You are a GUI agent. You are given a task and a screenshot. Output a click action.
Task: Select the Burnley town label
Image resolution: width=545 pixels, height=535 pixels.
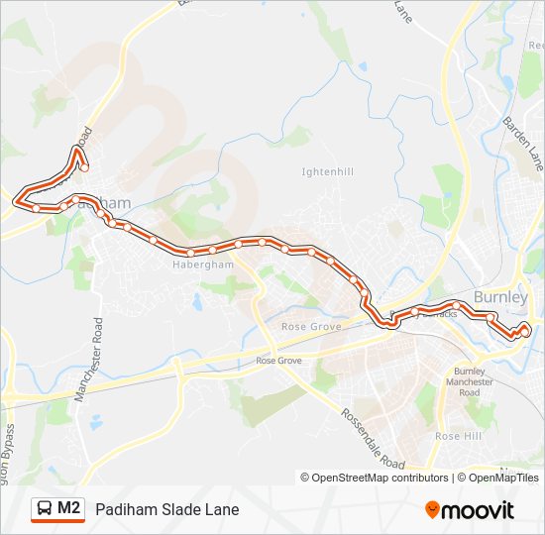click(x=501, y=296)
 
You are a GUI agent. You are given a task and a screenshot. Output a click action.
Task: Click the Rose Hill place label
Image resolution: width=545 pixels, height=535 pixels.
click(x=458, y=436)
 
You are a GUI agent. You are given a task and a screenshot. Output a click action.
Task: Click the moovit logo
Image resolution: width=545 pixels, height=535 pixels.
click(x=470, y=510)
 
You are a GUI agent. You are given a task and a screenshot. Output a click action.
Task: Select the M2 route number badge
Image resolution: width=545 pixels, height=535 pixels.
click(x=69, y=508)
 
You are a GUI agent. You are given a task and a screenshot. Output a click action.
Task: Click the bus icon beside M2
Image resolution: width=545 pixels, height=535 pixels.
click(x=45, y=509)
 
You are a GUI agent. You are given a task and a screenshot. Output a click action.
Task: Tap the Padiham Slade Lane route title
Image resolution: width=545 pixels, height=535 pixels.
click(x=167, y=509)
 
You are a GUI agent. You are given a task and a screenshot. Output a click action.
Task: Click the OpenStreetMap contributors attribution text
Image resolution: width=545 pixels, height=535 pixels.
click(x=380, y=478)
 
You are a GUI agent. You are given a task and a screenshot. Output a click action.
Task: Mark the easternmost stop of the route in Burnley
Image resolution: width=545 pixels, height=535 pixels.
click(x=525, y=330)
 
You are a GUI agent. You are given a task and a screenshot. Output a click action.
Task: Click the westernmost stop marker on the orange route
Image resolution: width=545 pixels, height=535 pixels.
click(x=17, y=202)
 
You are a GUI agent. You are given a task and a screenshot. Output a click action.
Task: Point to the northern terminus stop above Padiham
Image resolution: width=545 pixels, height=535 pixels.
click(x=84, y=167)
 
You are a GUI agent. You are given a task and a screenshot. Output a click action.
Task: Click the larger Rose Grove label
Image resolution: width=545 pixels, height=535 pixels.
click(x=311, y=326)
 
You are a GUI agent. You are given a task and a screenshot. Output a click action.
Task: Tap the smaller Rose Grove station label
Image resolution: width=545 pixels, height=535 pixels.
click(x=278, y=361)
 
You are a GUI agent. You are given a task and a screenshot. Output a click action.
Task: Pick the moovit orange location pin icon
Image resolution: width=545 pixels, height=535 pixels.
click(x=433, y=510)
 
